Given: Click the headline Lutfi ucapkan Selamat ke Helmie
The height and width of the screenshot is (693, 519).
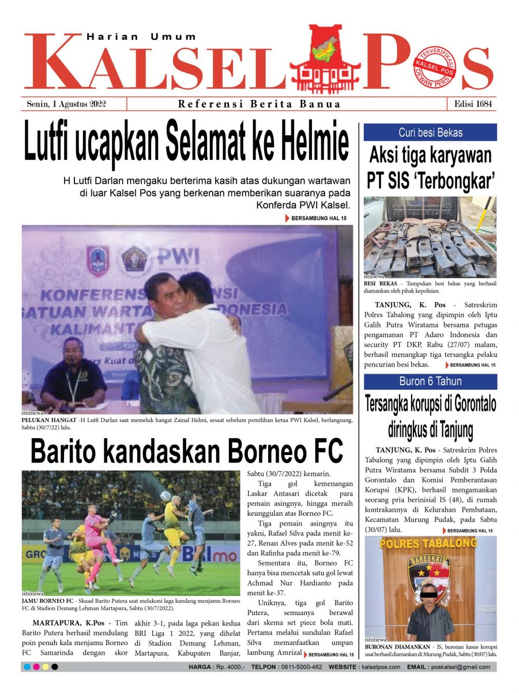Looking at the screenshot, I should pyautogui.click(x=186, y=140).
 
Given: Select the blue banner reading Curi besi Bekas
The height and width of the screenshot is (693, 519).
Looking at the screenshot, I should pyautogui.click(x=430, y=132).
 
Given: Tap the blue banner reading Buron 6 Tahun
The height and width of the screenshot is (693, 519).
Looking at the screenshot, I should pyautogui.click(x=430, y=382).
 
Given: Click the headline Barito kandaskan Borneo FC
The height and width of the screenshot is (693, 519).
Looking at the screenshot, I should pyautogui.click(x=187, y=451).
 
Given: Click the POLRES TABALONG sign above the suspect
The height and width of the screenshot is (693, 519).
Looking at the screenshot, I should pyautogui.click(x=430, y=544).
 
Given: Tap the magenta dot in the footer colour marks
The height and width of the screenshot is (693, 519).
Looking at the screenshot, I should pyautogui.click(x=36, y=667).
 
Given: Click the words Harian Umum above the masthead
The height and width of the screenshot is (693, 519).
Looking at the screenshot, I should pyautogui.click(x=141, y=37).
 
